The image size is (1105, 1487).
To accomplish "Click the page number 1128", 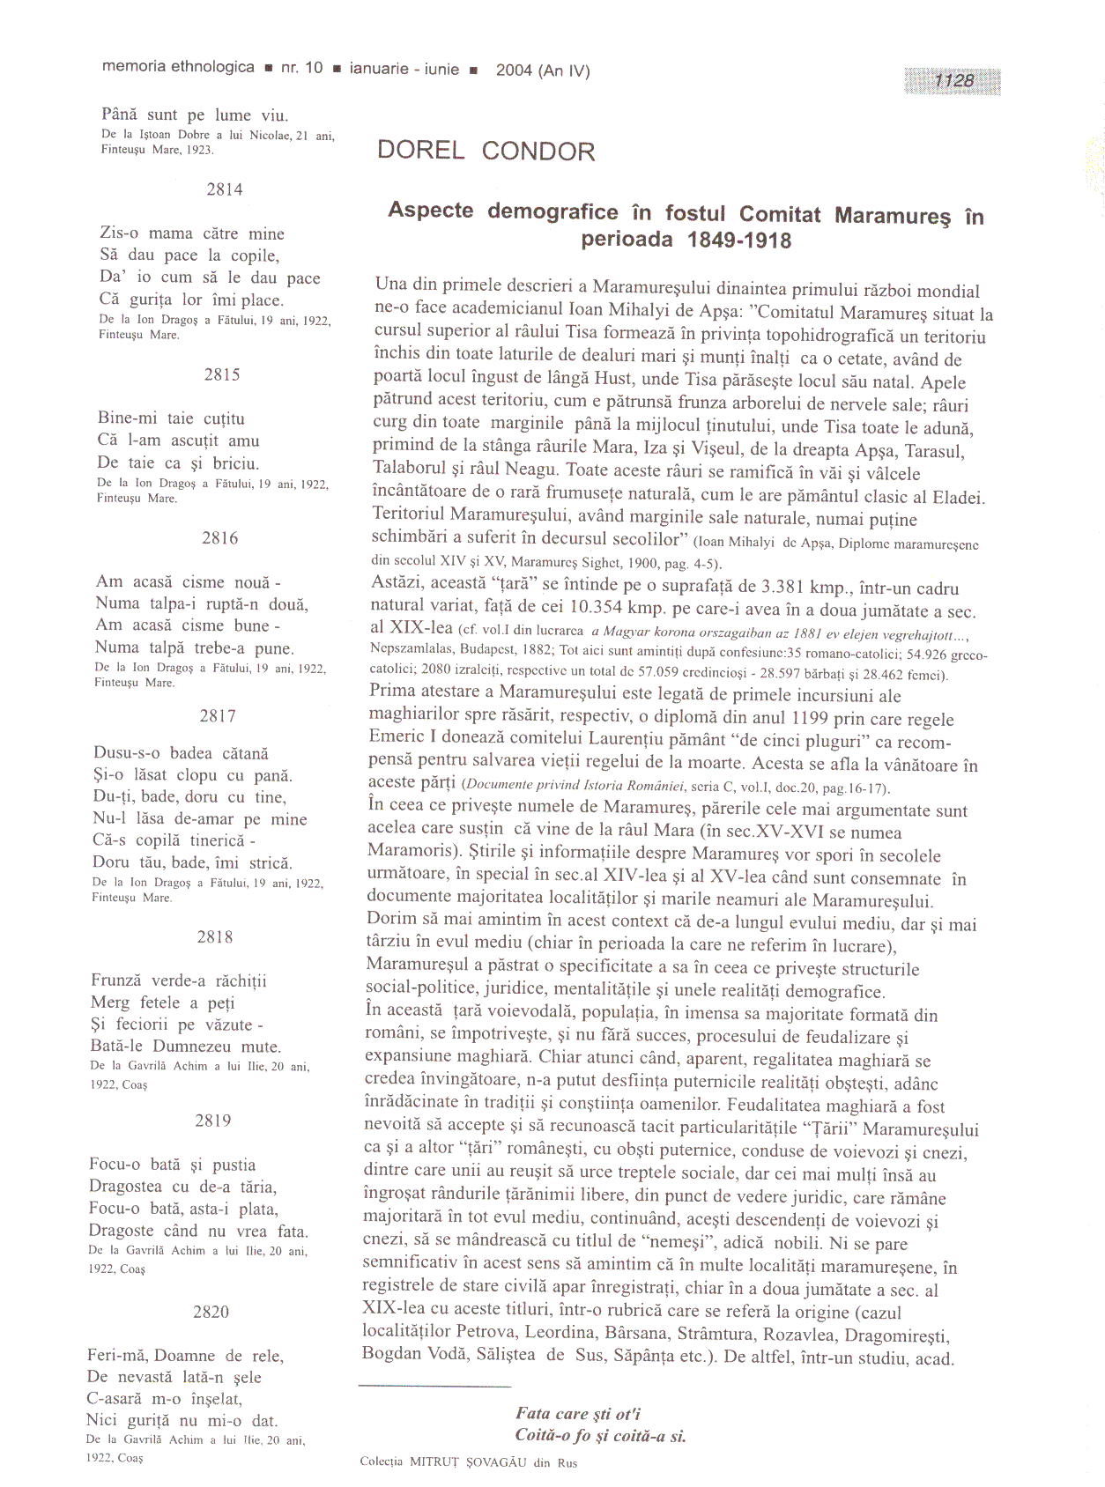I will [x=953, y=80].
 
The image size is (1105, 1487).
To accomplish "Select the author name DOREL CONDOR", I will [x=486, y=151].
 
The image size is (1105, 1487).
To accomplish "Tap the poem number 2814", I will [x=225, y=189].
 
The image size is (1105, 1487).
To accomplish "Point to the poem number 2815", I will [x=222, y=374].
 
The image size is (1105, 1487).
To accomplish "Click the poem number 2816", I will [x=219, y=538].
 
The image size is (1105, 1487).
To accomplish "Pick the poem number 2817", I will [x=218, y=716].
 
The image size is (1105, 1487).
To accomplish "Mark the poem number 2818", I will [x=215, y=937].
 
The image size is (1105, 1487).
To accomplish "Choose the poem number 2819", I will [x=213, y=1121].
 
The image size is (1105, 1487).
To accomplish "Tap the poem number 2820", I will [x=211, y=1312].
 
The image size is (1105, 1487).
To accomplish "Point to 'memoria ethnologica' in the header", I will [x=179, y=67].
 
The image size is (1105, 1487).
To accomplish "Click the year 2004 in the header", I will [x=514, y=70].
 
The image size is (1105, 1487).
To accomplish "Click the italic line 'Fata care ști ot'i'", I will [x=578, y=1413].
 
